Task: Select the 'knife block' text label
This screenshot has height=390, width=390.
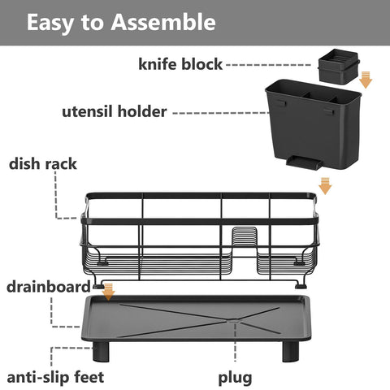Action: click(180, 64)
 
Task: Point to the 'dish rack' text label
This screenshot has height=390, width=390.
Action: click(43, 163)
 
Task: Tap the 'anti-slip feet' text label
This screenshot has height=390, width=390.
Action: click(55, 377)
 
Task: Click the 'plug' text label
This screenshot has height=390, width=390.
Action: click(235, 377)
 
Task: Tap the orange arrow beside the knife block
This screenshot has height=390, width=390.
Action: click(366, 79)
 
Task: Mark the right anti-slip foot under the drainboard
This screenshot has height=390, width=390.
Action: click(290, 350)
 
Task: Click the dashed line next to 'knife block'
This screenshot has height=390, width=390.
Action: click(268, 64)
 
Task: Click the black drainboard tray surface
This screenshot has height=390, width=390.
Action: click(195, 317)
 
